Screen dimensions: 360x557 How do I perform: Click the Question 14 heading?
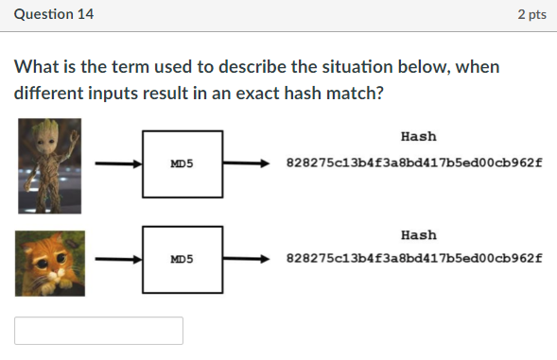(x=54, y=15)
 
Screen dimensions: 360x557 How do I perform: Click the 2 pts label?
(x=531, y=15)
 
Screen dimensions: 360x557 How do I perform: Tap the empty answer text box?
(x=98, y=331)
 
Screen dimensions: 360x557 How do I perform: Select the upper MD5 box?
(x=183, y=163)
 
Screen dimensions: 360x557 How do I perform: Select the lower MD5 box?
(x=183, y=258)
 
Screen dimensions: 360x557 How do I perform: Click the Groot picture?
(x=48, y=164)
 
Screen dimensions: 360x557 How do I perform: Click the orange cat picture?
(x=49, y=263)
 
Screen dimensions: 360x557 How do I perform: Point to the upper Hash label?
(x=418, y=137)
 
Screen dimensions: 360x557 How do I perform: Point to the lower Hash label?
(x=418, y=234)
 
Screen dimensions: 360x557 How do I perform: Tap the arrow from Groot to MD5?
(x=117, y=163)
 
